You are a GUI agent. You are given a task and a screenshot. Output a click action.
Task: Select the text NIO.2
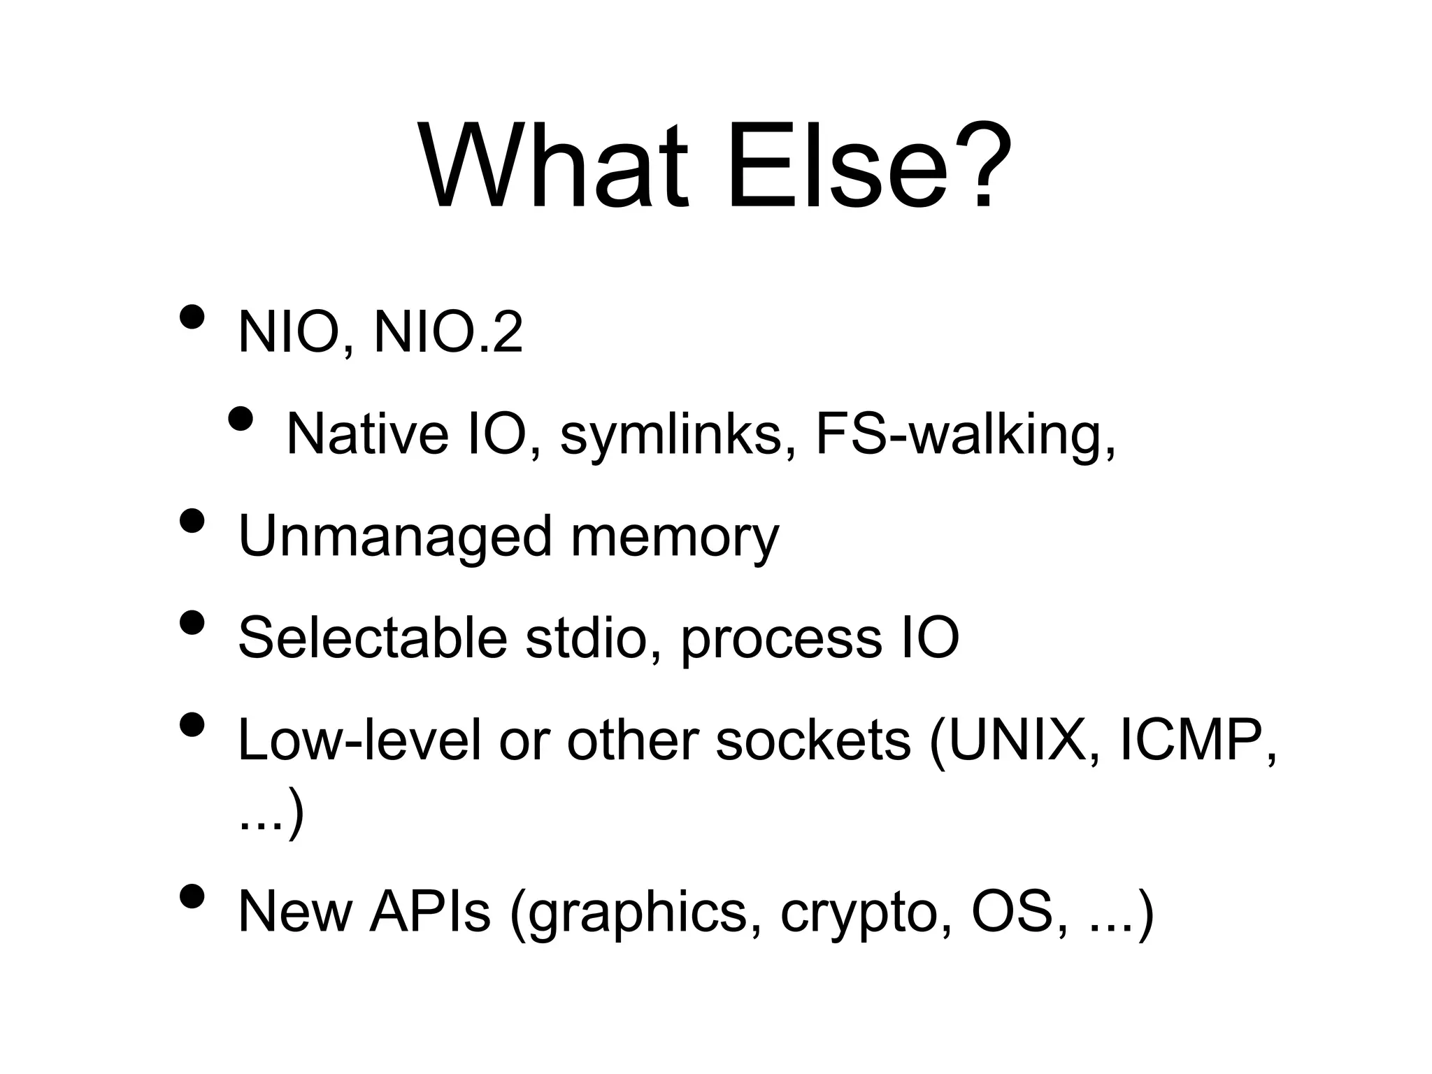click(x=448, y=333)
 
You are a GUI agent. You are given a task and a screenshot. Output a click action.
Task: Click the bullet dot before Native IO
click(x=241, y=419)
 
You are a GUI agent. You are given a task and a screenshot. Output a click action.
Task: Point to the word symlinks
click(x=670, y=434)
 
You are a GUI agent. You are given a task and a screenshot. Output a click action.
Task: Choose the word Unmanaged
click(x=395, y=536)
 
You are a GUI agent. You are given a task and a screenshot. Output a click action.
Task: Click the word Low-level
click(x=359, y=740)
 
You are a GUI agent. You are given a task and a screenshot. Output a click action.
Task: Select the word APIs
click(x=430, y=912)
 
